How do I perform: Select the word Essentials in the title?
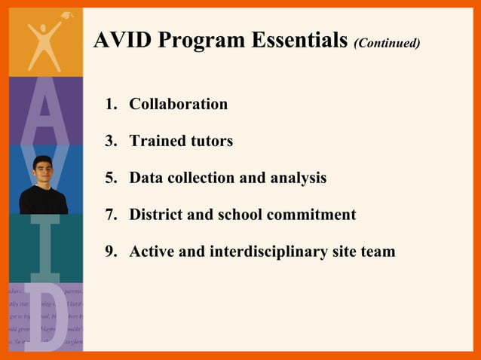(300, 41)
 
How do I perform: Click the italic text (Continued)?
(387, 43)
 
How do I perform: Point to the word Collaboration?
(178, 104)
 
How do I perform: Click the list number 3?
(109, 141)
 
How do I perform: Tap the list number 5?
(109, 178)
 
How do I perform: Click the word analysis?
(299, 178)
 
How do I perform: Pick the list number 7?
(109, 215)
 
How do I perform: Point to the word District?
(155, 215)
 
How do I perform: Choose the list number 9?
(109, 252)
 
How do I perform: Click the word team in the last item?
(378, 252)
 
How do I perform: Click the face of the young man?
(42, 171)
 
